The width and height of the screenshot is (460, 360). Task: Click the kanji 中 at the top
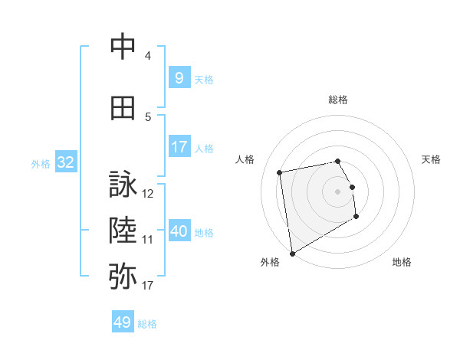(123, 47)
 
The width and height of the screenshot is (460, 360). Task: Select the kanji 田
(123, 109)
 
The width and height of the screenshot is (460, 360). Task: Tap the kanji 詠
(123, 185)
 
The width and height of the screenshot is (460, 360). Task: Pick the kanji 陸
(123, 229)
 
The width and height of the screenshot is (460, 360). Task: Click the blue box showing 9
(179, 77)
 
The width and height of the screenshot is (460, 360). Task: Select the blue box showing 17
(179, 146)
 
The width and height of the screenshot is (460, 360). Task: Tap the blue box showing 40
(179, 231)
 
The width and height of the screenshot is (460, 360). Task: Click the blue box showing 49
(123, 322)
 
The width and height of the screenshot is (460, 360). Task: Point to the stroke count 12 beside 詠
(148, 194)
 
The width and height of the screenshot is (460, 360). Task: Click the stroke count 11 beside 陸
(148, 239)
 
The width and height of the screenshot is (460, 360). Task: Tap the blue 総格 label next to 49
(147, 324)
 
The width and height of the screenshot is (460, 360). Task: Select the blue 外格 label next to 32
(41, 163)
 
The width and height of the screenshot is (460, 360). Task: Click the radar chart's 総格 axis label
(338, 100)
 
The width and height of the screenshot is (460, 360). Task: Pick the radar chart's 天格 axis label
(432, 159)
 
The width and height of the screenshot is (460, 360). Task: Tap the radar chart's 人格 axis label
(245, 159)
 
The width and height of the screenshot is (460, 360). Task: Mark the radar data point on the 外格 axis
(291, 253)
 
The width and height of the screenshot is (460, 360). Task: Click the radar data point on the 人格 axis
(280, 172)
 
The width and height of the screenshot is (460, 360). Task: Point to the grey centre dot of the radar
(338, 191)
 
